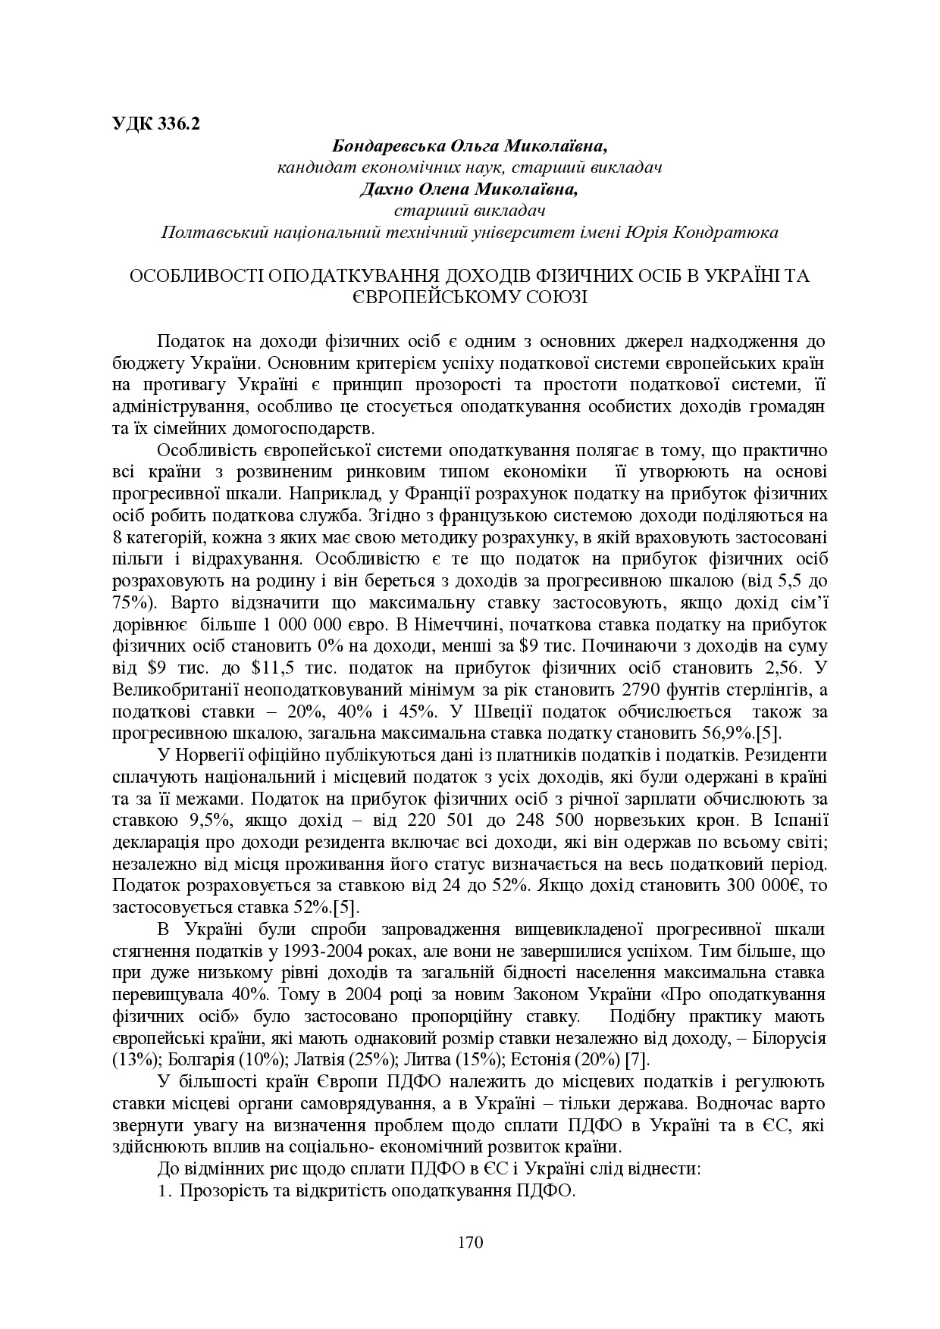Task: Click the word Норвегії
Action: [x=209, y=755]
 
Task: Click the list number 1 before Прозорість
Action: [x=162, y=1190]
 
